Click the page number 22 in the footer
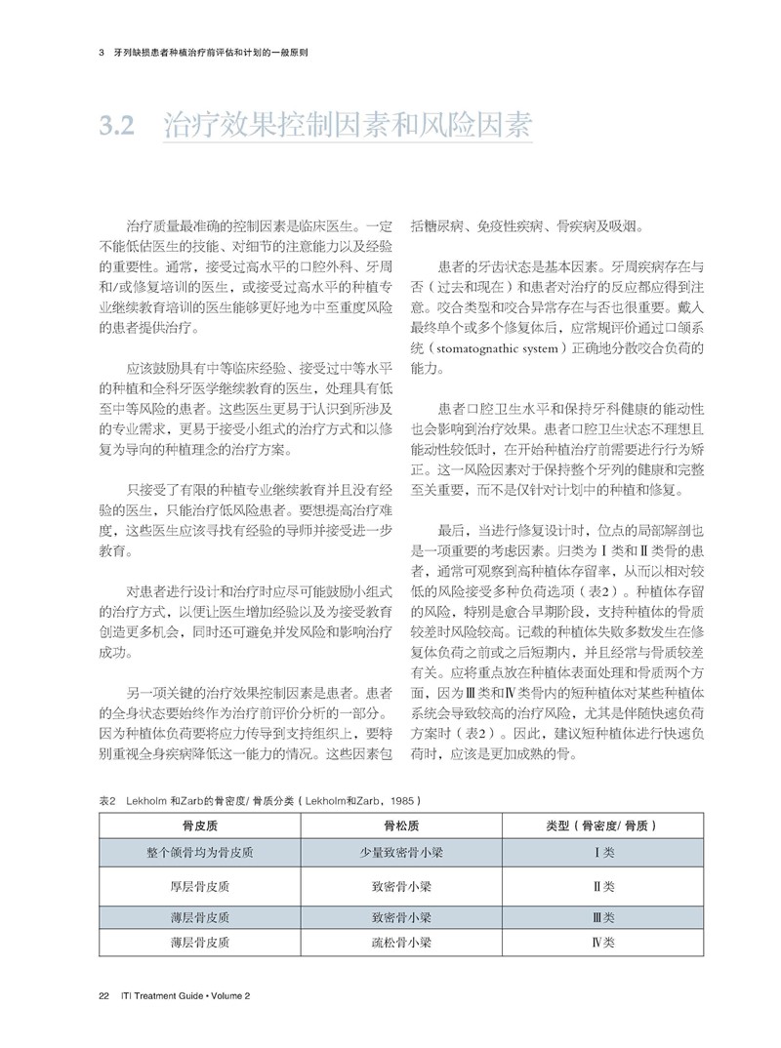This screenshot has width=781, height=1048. pyautogui.click(x=103, y=995)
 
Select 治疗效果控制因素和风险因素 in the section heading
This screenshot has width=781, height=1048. pyautogui.click(x=347, y=126)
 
